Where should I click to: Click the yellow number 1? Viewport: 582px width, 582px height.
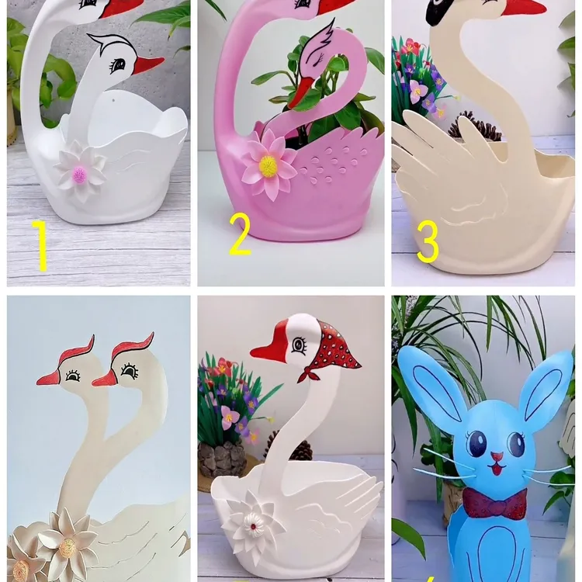coord(41,245)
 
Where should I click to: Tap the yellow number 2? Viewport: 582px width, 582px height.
coord(241,234)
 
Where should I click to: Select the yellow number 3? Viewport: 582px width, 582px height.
coord(428,241)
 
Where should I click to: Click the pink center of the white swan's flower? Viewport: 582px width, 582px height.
coord(79,175)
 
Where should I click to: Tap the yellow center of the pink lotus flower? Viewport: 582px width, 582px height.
coord(268,165)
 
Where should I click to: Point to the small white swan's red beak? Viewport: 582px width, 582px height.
coord(147,65)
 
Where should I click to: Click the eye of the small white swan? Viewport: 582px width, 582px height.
coord(118,64)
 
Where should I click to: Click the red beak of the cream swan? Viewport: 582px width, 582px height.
coord(522,9)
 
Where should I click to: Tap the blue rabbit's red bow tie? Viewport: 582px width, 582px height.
coord(495,502)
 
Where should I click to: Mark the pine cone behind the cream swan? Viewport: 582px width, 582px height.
coord(471,126)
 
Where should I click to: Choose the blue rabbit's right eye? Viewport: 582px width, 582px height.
coord(518,444)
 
